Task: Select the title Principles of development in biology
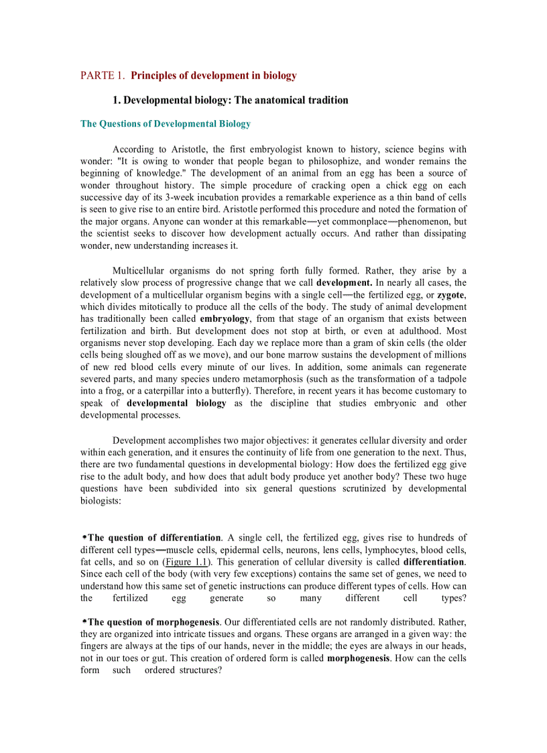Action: coord(214,76)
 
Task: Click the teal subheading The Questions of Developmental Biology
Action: coord(166,124)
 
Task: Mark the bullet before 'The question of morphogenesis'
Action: coord(84,622)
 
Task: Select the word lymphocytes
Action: coord(391,550)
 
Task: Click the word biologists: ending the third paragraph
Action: coord(101,501)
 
